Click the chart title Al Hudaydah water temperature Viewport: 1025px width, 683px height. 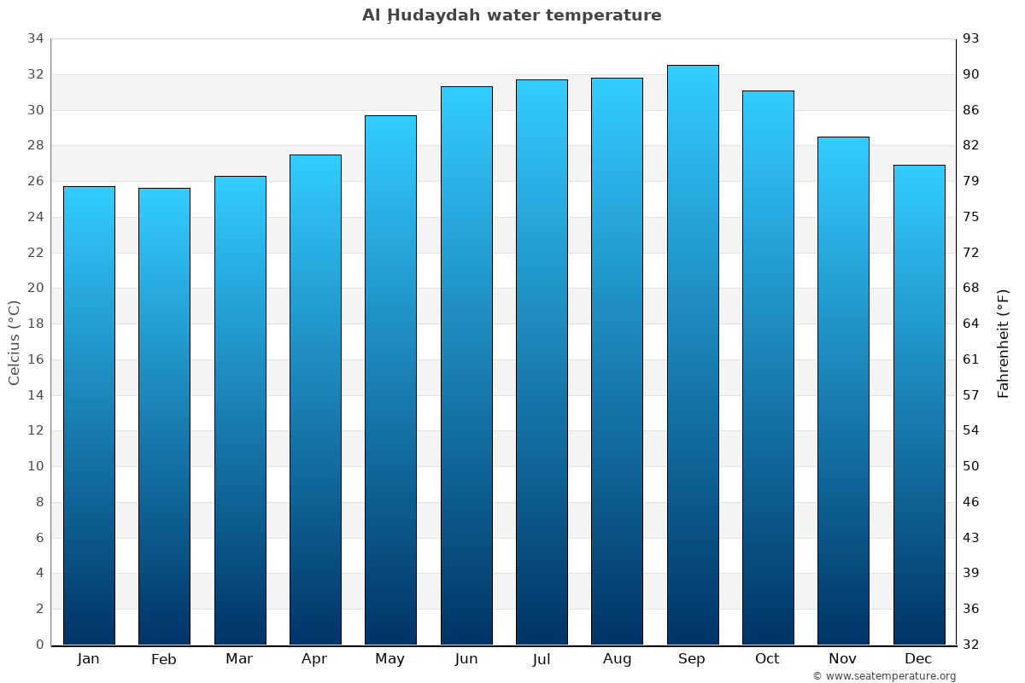point(512,15)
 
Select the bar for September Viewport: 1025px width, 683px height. point(693,354)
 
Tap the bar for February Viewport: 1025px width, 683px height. point(164,416)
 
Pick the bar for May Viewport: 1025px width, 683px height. point(390,380)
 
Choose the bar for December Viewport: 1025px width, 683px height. point(919,405)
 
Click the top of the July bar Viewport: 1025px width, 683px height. point(542,80)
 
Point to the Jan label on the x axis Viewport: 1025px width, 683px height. point(89,659)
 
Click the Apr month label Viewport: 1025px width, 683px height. point(314,659)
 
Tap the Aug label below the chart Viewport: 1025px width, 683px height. point(617,659)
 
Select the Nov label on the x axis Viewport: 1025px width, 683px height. point(843,659)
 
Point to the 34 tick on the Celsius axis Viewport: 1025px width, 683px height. point(36,38)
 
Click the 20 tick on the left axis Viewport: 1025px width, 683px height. point(36,288)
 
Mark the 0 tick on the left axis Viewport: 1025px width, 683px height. point(39,645)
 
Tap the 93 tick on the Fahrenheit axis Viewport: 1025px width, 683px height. point(972,38)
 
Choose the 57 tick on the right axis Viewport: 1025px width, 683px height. point(972,394)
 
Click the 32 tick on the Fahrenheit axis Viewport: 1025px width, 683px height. point(972,645)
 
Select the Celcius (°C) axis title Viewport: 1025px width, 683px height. point(14,342)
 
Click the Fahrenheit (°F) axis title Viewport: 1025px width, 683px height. point(1004,342)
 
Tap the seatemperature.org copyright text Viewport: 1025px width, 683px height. point(884,676)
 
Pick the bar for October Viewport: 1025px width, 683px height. point(768,367)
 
